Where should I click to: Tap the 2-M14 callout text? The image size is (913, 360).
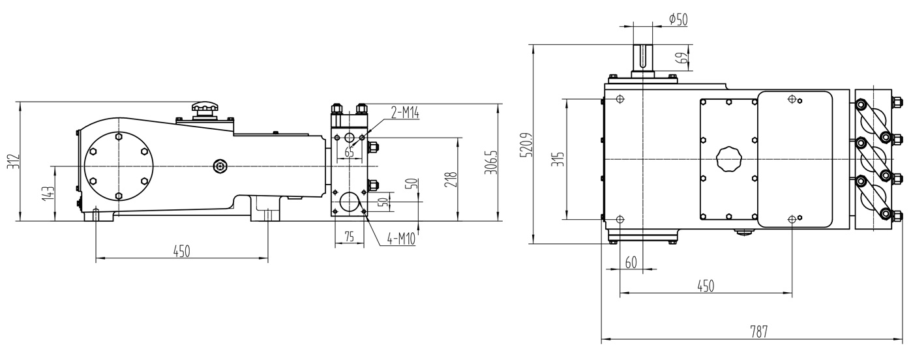(x=405, y=113)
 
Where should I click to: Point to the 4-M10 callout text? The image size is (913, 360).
(x=400, y=239)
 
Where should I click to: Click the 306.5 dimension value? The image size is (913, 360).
(x=492, y=162)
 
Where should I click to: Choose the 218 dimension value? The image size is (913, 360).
(x=451, y=179)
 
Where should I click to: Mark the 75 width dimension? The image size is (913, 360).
(x=350, y=236)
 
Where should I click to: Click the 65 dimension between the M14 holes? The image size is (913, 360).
(x=350, y=152)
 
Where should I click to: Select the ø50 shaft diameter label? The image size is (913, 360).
(x=678, y=19)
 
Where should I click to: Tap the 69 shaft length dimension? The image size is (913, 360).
(x=682, y=57)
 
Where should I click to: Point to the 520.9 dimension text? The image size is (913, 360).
(x=527, y=145)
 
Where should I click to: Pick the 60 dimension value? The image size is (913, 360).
(x=631, y=263)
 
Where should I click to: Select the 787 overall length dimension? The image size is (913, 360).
(x=758, y=331)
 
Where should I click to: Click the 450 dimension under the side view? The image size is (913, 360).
(x=182, y=251)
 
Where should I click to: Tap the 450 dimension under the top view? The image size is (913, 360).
(x=706, y=286)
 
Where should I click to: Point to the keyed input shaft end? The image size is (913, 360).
(x=642, y=57)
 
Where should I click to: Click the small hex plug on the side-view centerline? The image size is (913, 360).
(x=220, y=166)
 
